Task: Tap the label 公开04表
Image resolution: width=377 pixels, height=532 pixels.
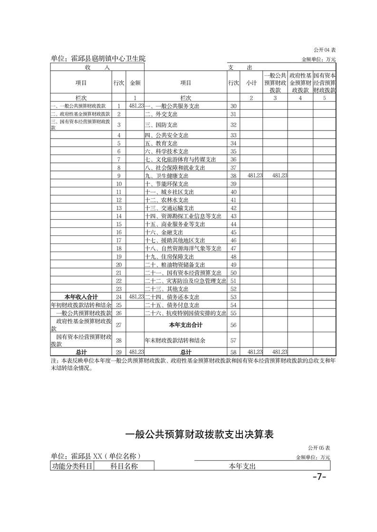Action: tap(325, 50)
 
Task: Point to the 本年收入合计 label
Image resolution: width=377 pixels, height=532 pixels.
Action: tap(81, 297)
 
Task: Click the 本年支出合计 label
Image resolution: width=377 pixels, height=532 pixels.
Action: tap(186, 325)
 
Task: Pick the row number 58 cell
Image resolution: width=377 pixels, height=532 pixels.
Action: tap(233, 352)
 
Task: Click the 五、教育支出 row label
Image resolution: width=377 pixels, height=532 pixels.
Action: tap(161, 143)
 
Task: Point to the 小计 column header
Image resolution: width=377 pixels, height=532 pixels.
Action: tap(251, 83)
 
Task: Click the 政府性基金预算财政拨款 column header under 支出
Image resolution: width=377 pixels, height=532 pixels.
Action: tap(300, 83)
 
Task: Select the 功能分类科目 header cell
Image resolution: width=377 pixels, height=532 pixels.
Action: tap(72, 467)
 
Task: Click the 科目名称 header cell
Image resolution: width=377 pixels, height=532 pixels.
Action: tap(124, 467)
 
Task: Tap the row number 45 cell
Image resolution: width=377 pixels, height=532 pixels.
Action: tap(233, 232)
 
